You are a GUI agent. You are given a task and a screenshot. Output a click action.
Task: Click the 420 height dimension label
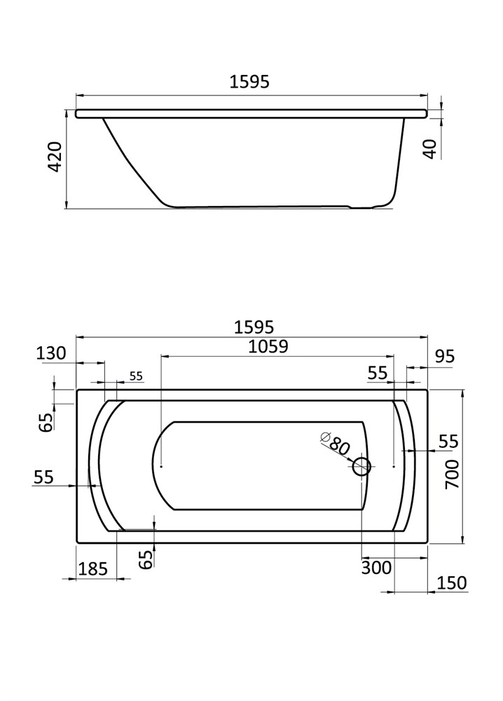tap(55, 157)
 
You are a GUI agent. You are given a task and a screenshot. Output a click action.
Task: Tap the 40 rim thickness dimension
tap(429, 149)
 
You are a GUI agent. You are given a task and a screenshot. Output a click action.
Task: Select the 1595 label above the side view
tap(249, 82)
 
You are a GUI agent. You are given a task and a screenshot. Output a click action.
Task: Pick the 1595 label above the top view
tap(254, 327)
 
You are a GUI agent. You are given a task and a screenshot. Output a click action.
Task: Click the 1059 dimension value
tap(268, 346)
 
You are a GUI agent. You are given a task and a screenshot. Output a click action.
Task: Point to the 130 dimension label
tap(51, 353)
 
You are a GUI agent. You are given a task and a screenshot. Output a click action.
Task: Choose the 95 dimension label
tap(444, 356)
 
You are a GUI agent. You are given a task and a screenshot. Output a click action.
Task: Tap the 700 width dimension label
tap(453, 474)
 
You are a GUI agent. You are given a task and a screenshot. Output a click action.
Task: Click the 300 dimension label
tap(376, 568)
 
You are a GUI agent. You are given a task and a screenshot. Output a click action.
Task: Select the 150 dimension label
tap(452, 583)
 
